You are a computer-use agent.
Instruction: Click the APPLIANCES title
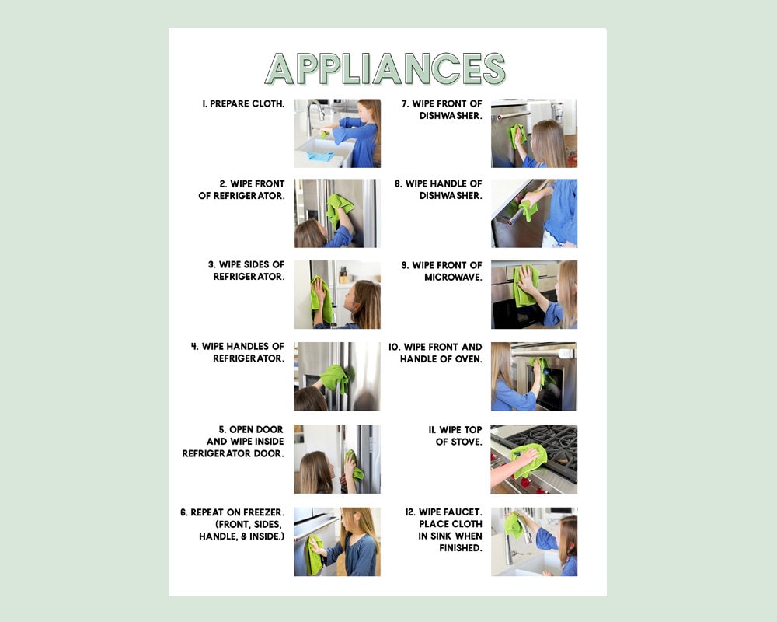[385, 68]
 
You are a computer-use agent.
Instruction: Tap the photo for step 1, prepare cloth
[337, 133]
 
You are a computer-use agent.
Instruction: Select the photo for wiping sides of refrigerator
[337, 295]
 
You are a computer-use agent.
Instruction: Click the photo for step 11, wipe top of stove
[534, 459]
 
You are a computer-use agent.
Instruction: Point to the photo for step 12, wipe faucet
[534, 542]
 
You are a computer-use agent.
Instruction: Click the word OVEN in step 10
[469, 359]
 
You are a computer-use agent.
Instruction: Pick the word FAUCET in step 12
[463, 512]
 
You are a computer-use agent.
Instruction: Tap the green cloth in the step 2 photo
[339, 208]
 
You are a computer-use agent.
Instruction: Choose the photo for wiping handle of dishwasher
[534, 214]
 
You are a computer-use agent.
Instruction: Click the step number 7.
[406, 103]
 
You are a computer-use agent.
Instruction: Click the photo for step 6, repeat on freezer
[337, 542]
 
